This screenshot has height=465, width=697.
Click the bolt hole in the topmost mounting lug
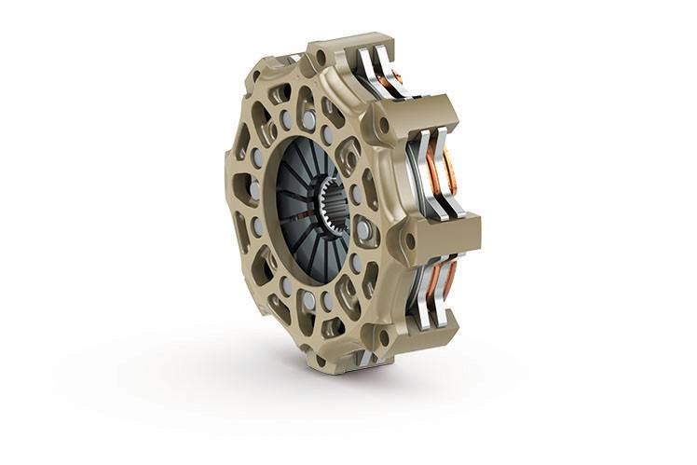[321, 58]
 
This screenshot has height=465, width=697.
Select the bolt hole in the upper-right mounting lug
[382, 125]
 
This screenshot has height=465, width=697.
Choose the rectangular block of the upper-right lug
[424, 112]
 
